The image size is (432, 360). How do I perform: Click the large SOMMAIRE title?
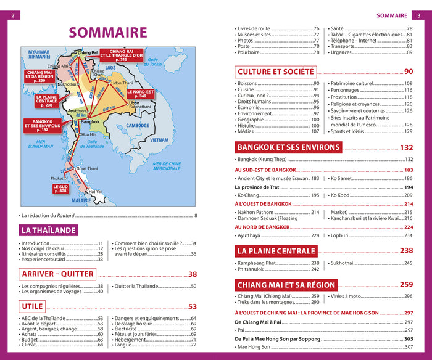click(x=108, y=33)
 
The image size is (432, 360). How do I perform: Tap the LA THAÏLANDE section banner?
click(x=49, y=231)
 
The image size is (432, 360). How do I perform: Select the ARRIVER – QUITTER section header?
click(x=57, y=274)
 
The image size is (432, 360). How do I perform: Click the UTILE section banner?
click(x=32, y=306)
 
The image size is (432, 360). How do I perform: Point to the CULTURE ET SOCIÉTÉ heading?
click(x=276, y=72)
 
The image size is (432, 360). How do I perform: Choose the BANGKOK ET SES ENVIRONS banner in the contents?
click(x=288, y=147)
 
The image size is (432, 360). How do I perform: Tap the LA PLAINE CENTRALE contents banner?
click(x=276, y=251)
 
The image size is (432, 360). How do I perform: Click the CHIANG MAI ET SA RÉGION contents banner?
click(x=286, y=285)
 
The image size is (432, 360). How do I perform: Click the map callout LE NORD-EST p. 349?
click(x=140, y=94)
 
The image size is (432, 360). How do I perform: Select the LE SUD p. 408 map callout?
click(x=60, y=189)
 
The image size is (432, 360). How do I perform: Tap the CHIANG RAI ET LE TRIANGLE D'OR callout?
click(x=127, y=54)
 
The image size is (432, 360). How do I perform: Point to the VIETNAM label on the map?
click(x=159, y=140)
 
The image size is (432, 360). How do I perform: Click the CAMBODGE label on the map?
click(x=138, y=125)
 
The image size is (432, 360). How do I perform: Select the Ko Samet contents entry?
click(x=345, y=178)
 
